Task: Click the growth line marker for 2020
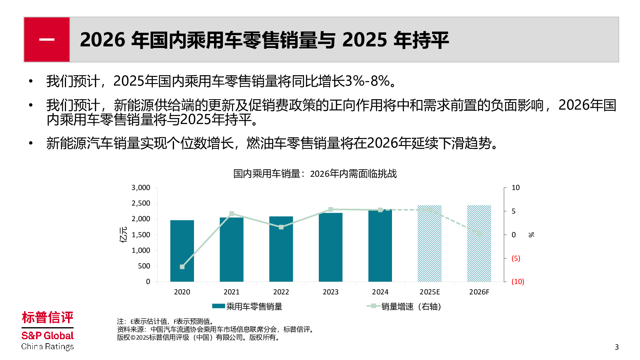(182, 267)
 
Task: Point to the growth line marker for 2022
(281, 227)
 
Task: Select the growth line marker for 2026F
(479, 233)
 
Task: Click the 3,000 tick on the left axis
(141, 188)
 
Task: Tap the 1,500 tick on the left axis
(141, 235)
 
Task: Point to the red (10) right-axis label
(518, 282)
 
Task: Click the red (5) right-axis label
(516, 258)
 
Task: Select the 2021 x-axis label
(232, 292)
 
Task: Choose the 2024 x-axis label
(380, 292)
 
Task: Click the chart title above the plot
(315, 174)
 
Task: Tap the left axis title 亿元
(124, 235)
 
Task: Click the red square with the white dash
(47, 40)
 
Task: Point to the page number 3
(616, 347)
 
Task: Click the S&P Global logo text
(48, 336)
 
